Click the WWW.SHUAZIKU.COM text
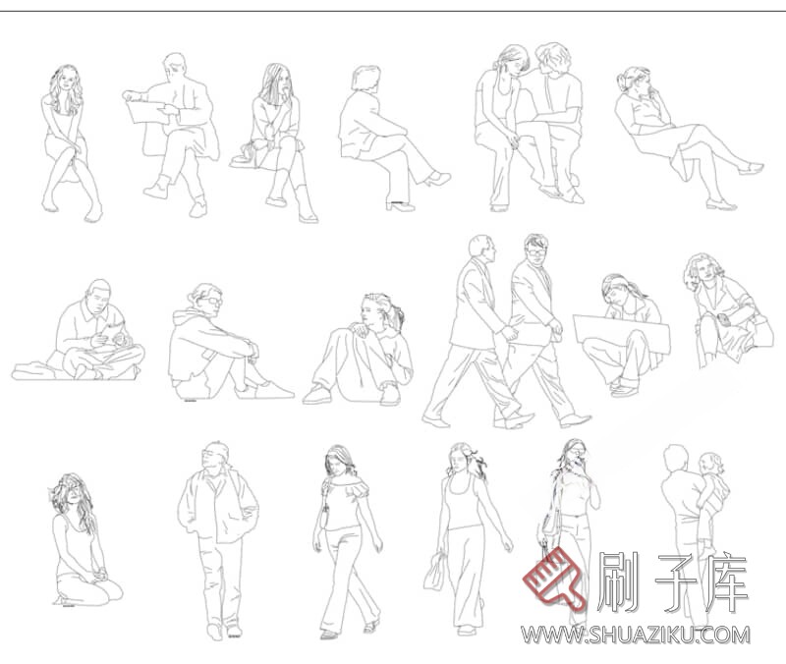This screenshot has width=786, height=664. [x=636, y=635]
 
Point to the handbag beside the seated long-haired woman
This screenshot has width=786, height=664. [x=243, y=156]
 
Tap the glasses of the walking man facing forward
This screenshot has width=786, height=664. [x=536, y=251]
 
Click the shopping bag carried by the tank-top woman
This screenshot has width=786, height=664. [x=434, y=572]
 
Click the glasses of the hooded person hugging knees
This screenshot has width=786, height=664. [x=212, y=301]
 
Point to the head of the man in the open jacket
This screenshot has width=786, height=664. [x=215, y=456]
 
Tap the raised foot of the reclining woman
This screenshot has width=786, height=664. [x=751, y=168]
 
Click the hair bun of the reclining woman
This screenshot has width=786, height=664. [x=622, y=82]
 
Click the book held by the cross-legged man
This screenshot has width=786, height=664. [x=116, y=332]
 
